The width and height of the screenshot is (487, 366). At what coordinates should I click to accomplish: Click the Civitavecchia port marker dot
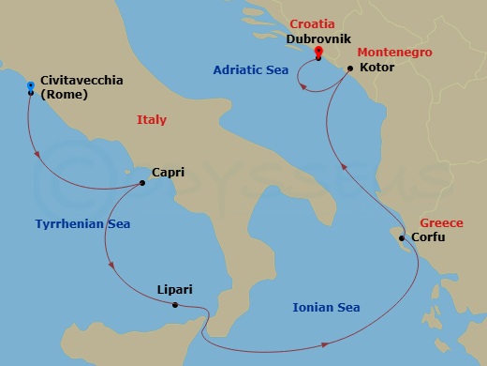click(31, 93)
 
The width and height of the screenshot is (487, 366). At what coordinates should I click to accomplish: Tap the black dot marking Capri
click(141, 183)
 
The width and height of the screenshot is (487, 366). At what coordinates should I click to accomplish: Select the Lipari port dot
click(176, 305)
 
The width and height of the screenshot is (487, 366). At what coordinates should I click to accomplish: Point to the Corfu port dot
click(402, 238)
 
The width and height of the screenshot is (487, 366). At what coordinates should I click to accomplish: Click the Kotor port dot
click(349, 69)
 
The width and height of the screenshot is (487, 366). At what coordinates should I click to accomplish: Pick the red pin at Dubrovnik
click(318, 52)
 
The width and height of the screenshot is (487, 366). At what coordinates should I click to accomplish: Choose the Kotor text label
click(376, 69)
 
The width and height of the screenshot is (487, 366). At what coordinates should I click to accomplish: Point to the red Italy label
click(151, 120)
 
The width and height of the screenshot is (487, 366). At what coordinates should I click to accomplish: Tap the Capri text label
click(167, 174)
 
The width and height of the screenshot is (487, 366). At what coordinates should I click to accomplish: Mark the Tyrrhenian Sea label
click(82, 224)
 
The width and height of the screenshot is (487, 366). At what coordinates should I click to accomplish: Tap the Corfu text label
click(428, 238)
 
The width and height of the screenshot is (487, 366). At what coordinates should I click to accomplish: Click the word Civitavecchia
click(81, 82)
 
